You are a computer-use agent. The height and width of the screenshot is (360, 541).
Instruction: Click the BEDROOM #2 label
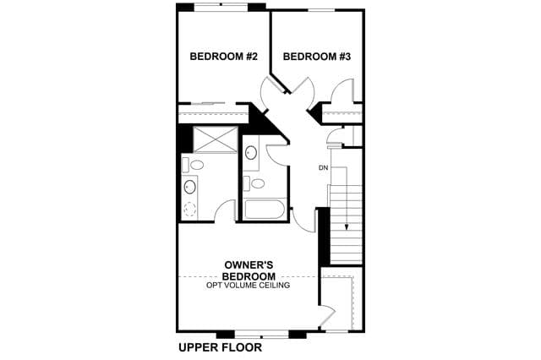tap(223, 57)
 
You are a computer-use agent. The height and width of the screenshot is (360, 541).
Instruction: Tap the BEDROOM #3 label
tap(317, 57)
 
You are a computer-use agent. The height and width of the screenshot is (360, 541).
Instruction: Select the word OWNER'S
tap(249, 265)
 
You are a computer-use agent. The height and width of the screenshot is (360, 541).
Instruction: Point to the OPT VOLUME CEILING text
tap(248, 285)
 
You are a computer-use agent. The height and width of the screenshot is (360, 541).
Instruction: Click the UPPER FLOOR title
tap(220, 347)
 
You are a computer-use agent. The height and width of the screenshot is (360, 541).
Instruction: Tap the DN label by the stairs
tap(323, 168)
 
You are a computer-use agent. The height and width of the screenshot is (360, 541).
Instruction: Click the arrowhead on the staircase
tap(346, 226)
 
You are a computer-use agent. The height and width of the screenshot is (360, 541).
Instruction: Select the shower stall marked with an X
tap(216, 139)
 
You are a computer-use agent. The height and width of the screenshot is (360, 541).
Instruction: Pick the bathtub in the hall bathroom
tap(264, 208)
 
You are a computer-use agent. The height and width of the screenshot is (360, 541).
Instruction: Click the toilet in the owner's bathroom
tap(194, 165)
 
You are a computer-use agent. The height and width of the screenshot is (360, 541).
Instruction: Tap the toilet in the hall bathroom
tap(254, 183)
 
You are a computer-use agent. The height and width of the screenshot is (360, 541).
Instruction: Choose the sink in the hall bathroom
tap(251, 152)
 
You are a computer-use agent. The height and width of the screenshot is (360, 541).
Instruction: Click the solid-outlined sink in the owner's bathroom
tap(189, 187)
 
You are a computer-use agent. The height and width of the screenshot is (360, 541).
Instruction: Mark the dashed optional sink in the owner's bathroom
tap(189, 209)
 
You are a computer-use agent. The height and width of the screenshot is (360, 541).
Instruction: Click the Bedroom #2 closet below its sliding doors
tap(213, 113)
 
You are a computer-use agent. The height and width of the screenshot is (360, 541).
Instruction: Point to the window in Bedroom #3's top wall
tap(321, 10)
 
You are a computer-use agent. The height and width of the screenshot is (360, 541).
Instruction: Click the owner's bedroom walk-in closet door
tap(328, 315)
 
